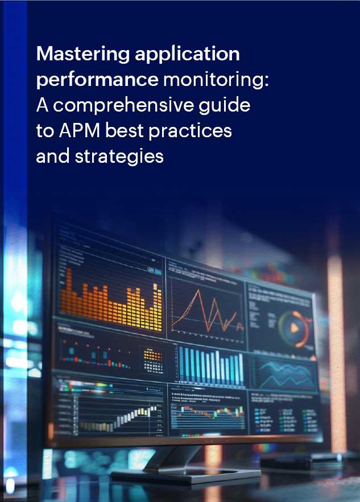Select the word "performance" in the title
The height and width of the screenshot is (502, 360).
97,80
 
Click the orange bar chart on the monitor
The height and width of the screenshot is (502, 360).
111,299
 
